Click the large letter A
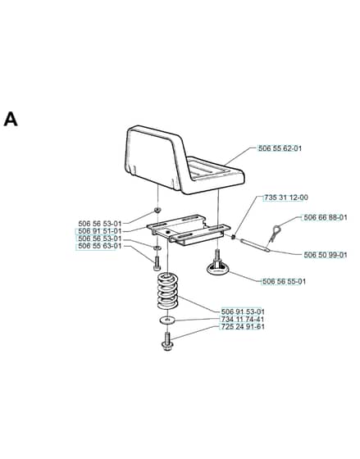point(11,119)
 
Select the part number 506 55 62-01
point(280,148)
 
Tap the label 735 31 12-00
point(286,198)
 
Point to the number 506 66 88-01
point(326,217)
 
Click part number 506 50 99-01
point(326,255)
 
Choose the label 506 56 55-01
point(284,282)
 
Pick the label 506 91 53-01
point(243,311)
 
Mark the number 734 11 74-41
point(243,319)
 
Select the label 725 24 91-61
point(243,326)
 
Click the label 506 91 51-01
point(99,231)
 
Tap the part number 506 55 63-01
point(99,246)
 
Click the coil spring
point(168,291)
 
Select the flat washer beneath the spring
point(167,320)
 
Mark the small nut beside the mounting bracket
point(234,237)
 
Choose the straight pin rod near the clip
point(254,245)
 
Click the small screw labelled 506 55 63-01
point(157,262)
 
